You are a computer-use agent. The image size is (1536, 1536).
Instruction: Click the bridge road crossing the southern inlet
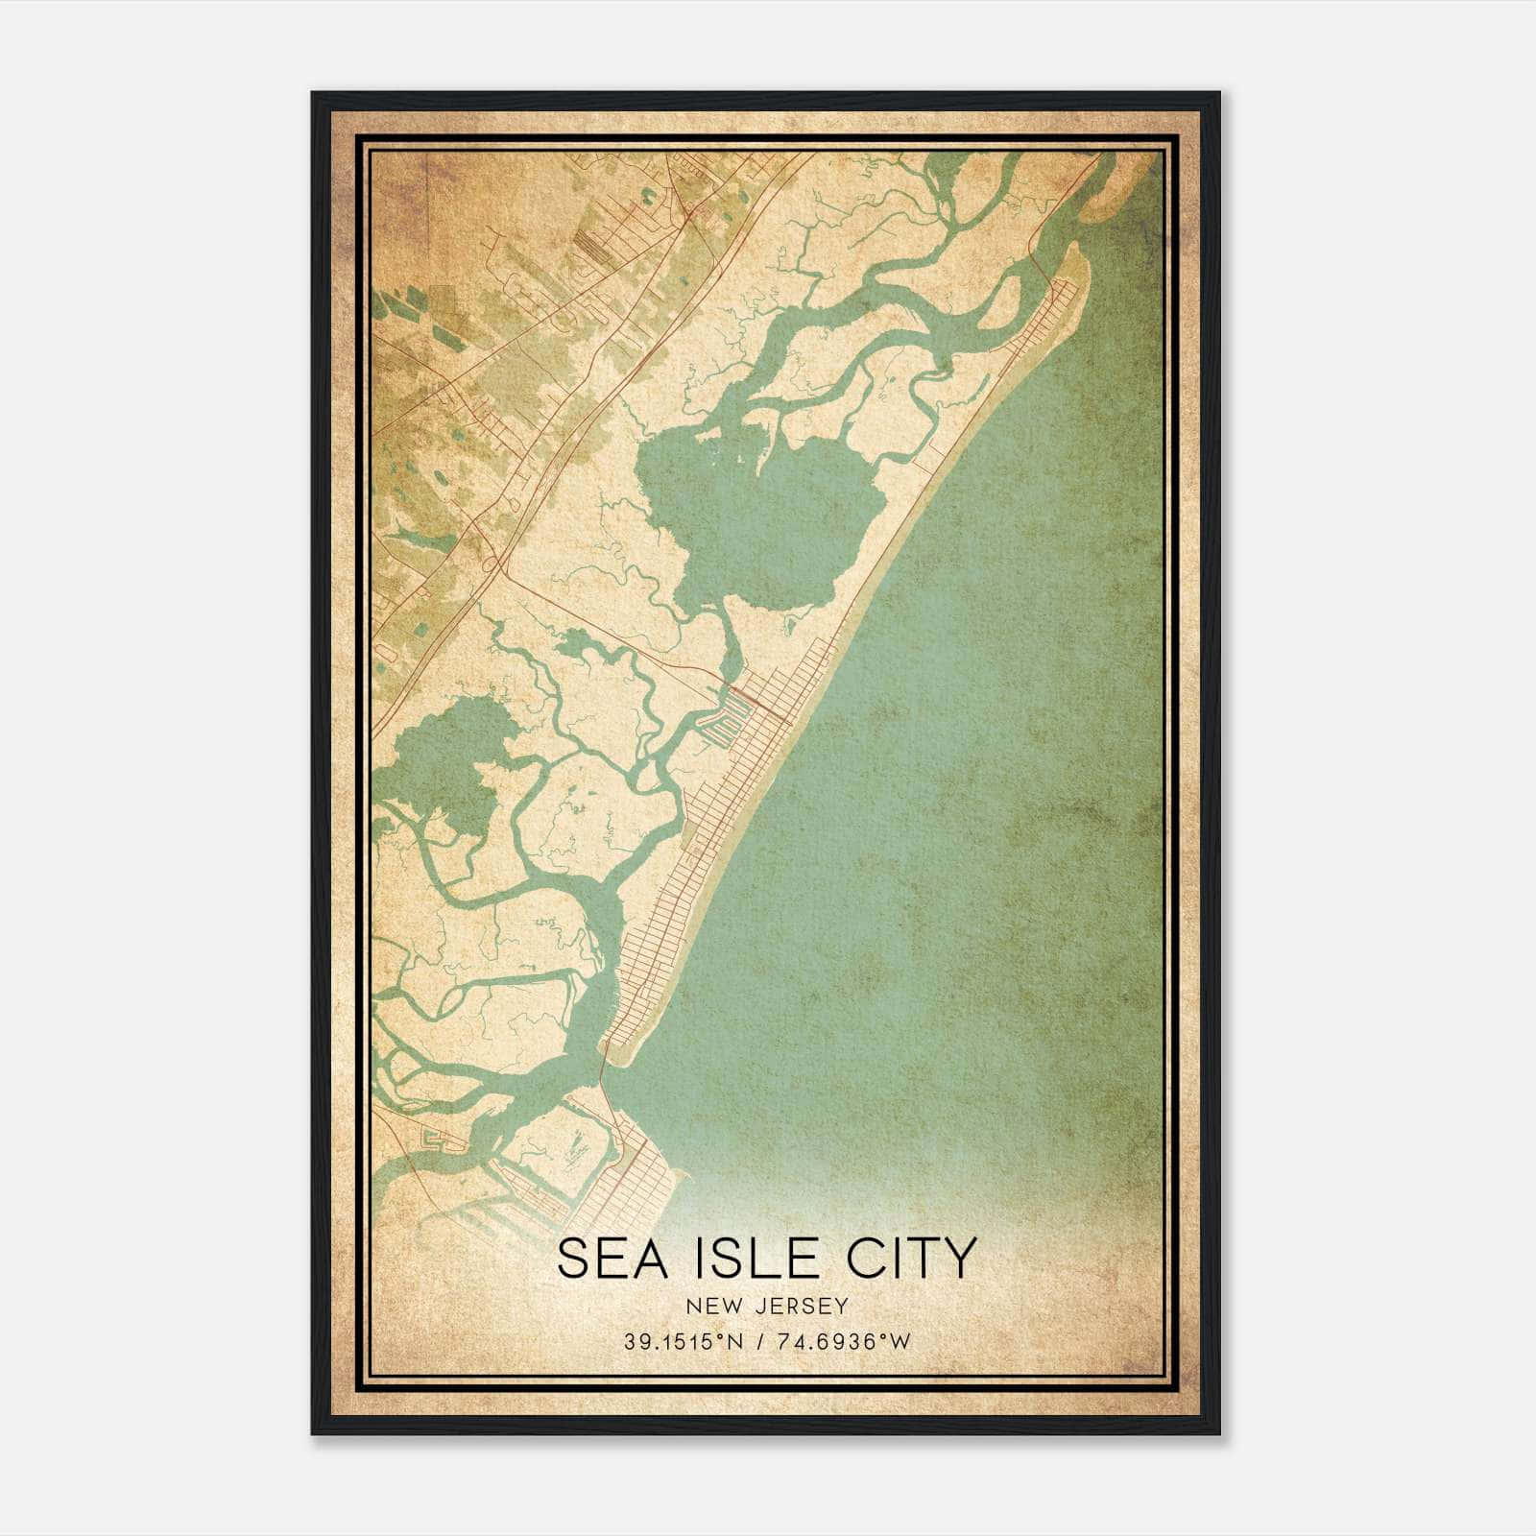tap(604, 1070)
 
